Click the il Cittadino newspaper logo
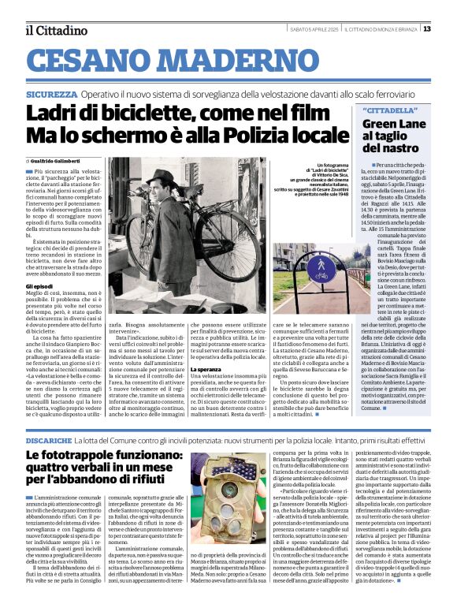[55, 30]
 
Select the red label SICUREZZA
[51, 94]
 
